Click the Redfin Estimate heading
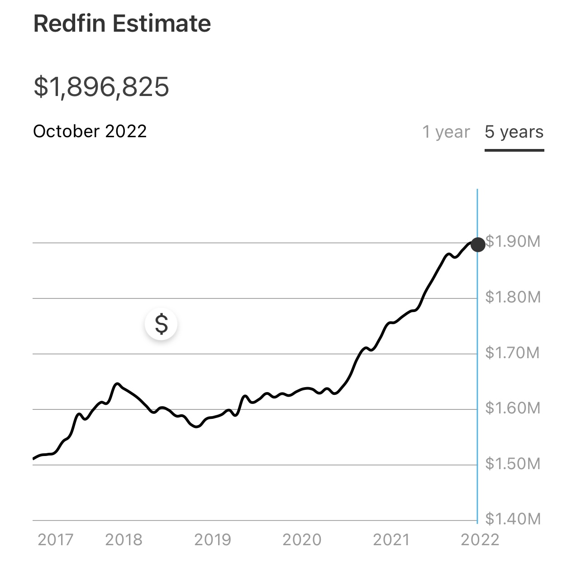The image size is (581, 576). pyautogui.click(x=122, y=24)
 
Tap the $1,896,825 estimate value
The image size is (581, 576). pyautogui.click(x=101, y=86)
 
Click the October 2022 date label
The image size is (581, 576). pyautogui.click(x=90, y=131)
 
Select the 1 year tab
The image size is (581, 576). pyautogui.click(x=446, y=132)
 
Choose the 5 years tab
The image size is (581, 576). pyautogui.click(x=514, y=132)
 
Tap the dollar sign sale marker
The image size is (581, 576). pyautogui.click(x=161, y=324)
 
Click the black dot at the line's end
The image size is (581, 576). pyautogui.click(x=478, y=245)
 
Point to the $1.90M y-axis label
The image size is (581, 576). pyautogui.click(x=513, y=242)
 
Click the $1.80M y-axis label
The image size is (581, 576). pyautogui.click(x=513, y=297)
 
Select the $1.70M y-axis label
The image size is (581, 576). pyautogui.click(x=513, y=352)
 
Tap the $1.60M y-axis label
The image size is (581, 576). pyautogui.click(x=513, y=408)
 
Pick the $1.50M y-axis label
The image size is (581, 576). pyautogui.click(x=513, y=464)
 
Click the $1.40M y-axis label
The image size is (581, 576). pyautogui.click(x=513, y=518)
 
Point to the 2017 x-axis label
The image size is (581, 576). pyautogui.click(x=56, y=540)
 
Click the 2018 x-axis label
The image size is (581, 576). pyautogui.click(x=124, y=540)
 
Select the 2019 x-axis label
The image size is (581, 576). pyautogui.click(x=213, y=540)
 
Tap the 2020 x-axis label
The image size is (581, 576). pyautogui.click(x=302, y=540)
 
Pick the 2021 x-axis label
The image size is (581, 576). pyautogui.click(x=391, y=540)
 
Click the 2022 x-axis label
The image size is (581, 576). pyautogui.click(x=480, y=540)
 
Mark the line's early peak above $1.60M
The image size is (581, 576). pyautogui.click(x=117, y=384)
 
